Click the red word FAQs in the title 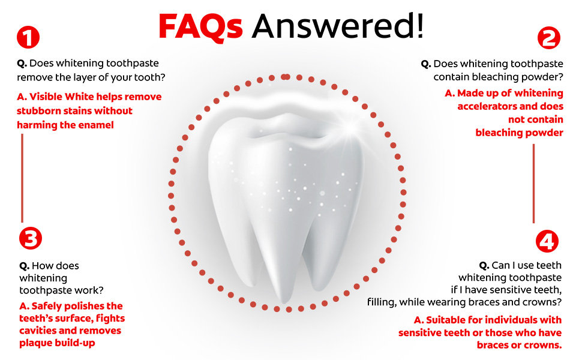pyautogui.click(x=200, y=27)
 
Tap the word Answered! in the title pyautogui.click(x=337, y=26)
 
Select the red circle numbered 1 pyautogui.click(x=28, y=37)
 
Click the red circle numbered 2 pyautogui.click(x=549, y=38)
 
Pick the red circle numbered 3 pyautogui.click(x=31, y=238)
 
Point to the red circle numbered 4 pyautogui.click(x=547, y=241)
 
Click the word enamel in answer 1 pyautogui.click(x=96, y=125)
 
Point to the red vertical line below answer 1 pyautogui.click(x=22, y=178)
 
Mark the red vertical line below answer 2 pyautogui.click(x=534, y=184)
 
